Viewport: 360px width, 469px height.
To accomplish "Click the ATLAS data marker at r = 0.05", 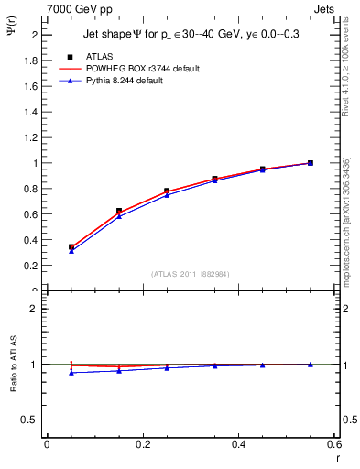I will pyautogui.click(x=71, y=247).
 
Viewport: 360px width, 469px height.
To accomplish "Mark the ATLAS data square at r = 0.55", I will pyautogui.click(x=311, y=163).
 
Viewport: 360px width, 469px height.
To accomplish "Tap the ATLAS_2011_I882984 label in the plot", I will pyautogui.click(x=190, y=273).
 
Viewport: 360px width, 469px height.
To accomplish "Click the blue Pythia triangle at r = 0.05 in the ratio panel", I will pyautogui.click(x=71, y=373).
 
